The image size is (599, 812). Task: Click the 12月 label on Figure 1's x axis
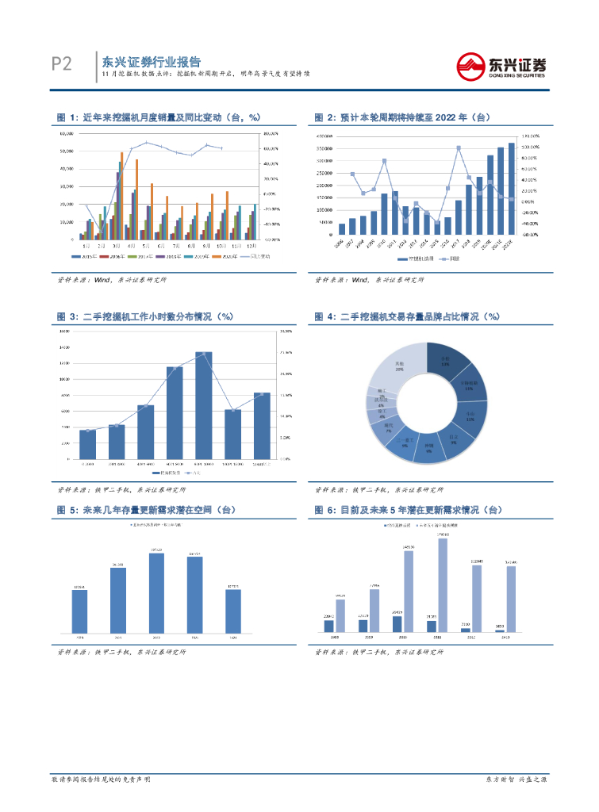click(252, 246)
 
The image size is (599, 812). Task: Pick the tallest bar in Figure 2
click(512, 189)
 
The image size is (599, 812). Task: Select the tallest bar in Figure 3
click(204, 405)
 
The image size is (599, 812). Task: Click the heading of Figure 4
click(407, 316)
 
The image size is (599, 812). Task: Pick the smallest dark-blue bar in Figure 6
click(500, 631)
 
